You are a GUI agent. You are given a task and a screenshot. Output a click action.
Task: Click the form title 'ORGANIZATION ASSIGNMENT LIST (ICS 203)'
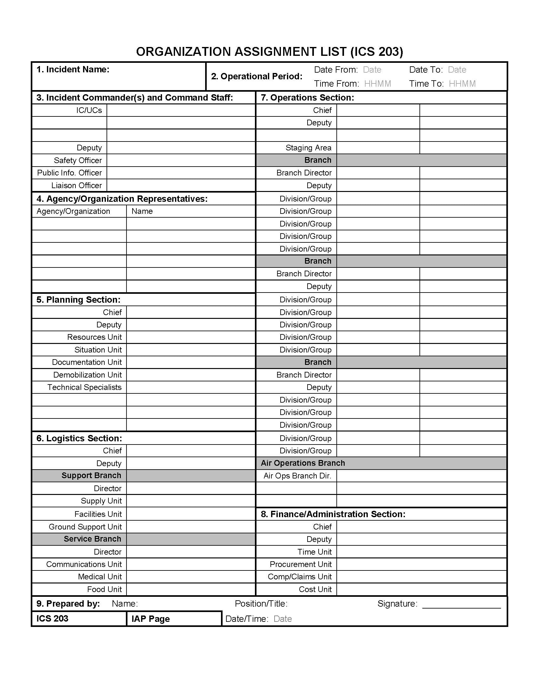click(x=269, y=52)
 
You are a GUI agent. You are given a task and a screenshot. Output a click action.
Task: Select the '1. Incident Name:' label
click(x=73, y=69)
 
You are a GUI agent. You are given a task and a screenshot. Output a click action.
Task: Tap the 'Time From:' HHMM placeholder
click(x=377, y=84)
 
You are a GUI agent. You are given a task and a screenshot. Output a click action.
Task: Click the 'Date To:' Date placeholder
click(x=457, y=70)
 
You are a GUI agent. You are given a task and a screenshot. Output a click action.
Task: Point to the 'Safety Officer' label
click(x=78, y=160)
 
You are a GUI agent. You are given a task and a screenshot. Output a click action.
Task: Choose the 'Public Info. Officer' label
click(x=69, y=173)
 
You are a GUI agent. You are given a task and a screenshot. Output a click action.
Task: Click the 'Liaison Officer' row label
click(x=76, y=185)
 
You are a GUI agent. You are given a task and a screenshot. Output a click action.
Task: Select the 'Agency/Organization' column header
click(x=73, y=211)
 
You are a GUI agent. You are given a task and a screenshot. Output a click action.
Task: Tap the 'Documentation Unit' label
click(x=87, y=362)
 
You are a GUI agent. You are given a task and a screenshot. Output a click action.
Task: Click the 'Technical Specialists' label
click(x=84, y=387)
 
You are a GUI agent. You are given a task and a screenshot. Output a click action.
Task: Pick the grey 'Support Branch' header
click(x=91, y=476)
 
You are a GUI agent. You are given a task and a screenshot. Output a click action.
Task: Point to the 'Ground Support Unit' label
click(x=85, y=527)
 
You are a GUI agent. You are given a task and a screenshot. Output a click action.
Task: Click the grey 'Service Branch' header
click(x=92, y=539)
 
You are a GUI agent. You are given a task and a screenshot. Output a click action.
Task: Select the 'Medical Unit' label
click(x=100, y=576)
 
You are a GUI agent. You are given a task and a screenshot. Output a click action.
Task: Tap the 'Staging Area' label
click(x=308, y=148)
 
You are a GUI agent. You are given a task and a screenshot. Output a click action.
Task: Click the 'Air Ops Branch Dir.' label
click(x=297, y=476)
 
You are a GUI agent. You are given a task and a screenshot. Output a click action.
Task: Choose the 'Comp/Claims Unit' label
click(x=300, y=576)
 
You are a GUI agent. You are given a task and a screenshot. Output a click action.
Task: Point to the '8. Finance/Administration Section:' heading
click(x=333, y=514)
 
